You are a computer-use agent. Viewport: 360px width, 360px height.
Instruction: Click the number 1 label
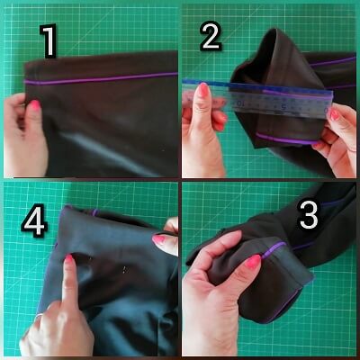pyautogui.click(x=49, y=41)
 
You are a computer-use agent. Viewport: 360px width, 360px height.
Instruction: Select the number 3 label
pyautogui.click(x=308, y=215)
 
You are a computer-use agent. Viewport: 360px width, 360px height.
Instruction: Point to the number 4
pyautogui.click(x=34, y=222)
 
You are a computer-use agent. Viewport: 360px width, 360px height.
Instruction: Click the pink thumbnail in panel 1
pyautogui.click(x=35, y=104)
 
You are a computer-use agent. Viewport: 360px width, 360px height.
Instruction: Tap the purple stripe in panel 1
pyautogui.click(x=101, y=78)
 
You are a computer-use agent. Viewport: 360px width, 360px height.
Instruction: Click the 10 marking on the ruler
pyautogui.click(x=241, y=103)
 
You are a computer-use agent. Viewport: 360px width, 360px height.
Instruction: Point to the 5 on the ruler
pyautogui.click(x=283, y=106)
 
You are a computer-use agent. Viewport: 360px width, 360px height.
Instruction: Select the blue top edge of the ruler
pyautogui.click(x=257, y=87)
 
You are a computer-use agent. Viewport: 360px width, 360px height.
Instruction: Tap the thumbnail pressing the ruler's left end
pyautogui.click(x=203, y=90)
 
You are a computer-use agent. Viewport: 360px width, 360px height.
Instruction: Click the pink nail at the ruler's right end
pyautogui.click(x=334, y=114)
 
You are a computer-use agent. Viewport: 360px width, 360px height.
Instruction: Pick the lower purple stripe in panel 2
pyautogui.click(x=286, y=139)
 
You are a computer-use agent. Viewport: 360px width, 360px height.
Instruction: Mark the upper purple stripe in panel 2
pyautogui.click(x=332, y=61)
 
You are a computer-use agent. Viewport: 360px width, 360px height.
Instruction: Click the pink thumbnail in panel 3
pyautogui.click(x=253, y=261)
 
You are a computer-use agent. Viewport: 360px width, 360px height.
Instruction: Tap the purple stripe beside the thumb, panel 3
pyautogui.click(x=274, y=249)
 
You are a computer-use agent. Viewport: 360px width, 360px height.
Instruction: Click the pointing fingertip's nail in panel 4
pyautogui.click(x=69, y=258)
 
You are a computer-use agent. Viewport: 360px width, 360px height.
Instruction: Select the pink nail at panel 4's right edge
pyautogui.click(x=158, y=239)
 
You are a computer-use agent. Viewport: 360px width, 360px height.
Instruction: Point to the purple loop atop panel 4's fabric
pyautogui.click(x=94, y=212)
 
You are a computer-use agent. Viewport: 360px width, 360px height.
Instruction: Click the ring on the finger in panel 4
pyautogui.click(x=39, y=316)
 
